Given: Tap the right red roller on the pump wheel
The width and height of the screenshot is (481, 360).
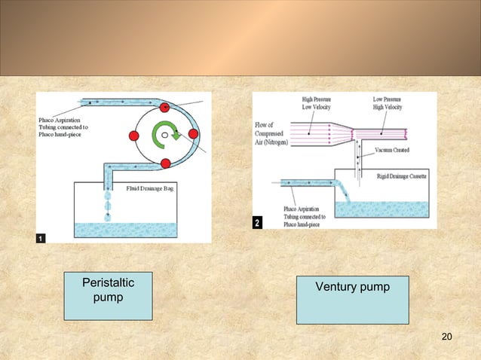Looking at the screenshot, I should [x=193, y=134].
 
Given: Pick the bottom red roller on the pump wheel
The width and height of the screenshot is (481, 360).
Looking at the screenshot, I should [x=164, y=162].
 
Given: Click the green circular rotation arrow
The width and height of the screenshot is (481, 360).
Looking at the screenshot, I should [x=164, y=136].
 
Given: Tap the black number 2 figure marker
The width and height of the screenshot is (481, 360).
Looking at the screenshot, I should [x=257, y=224].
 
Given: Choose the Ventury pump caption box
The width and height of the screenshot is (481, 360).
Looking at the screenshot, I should [x=352, y=299].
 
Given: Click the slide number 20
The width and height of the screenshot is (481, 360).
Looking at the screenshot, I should [x=446, y=336].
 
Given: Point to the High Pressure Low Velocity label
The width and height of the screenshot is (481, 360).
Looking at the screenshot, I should [x=319, y=102].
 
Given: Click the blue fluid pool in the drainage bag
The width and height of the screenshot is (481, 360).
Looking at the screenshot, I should [x=124, y=229].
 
